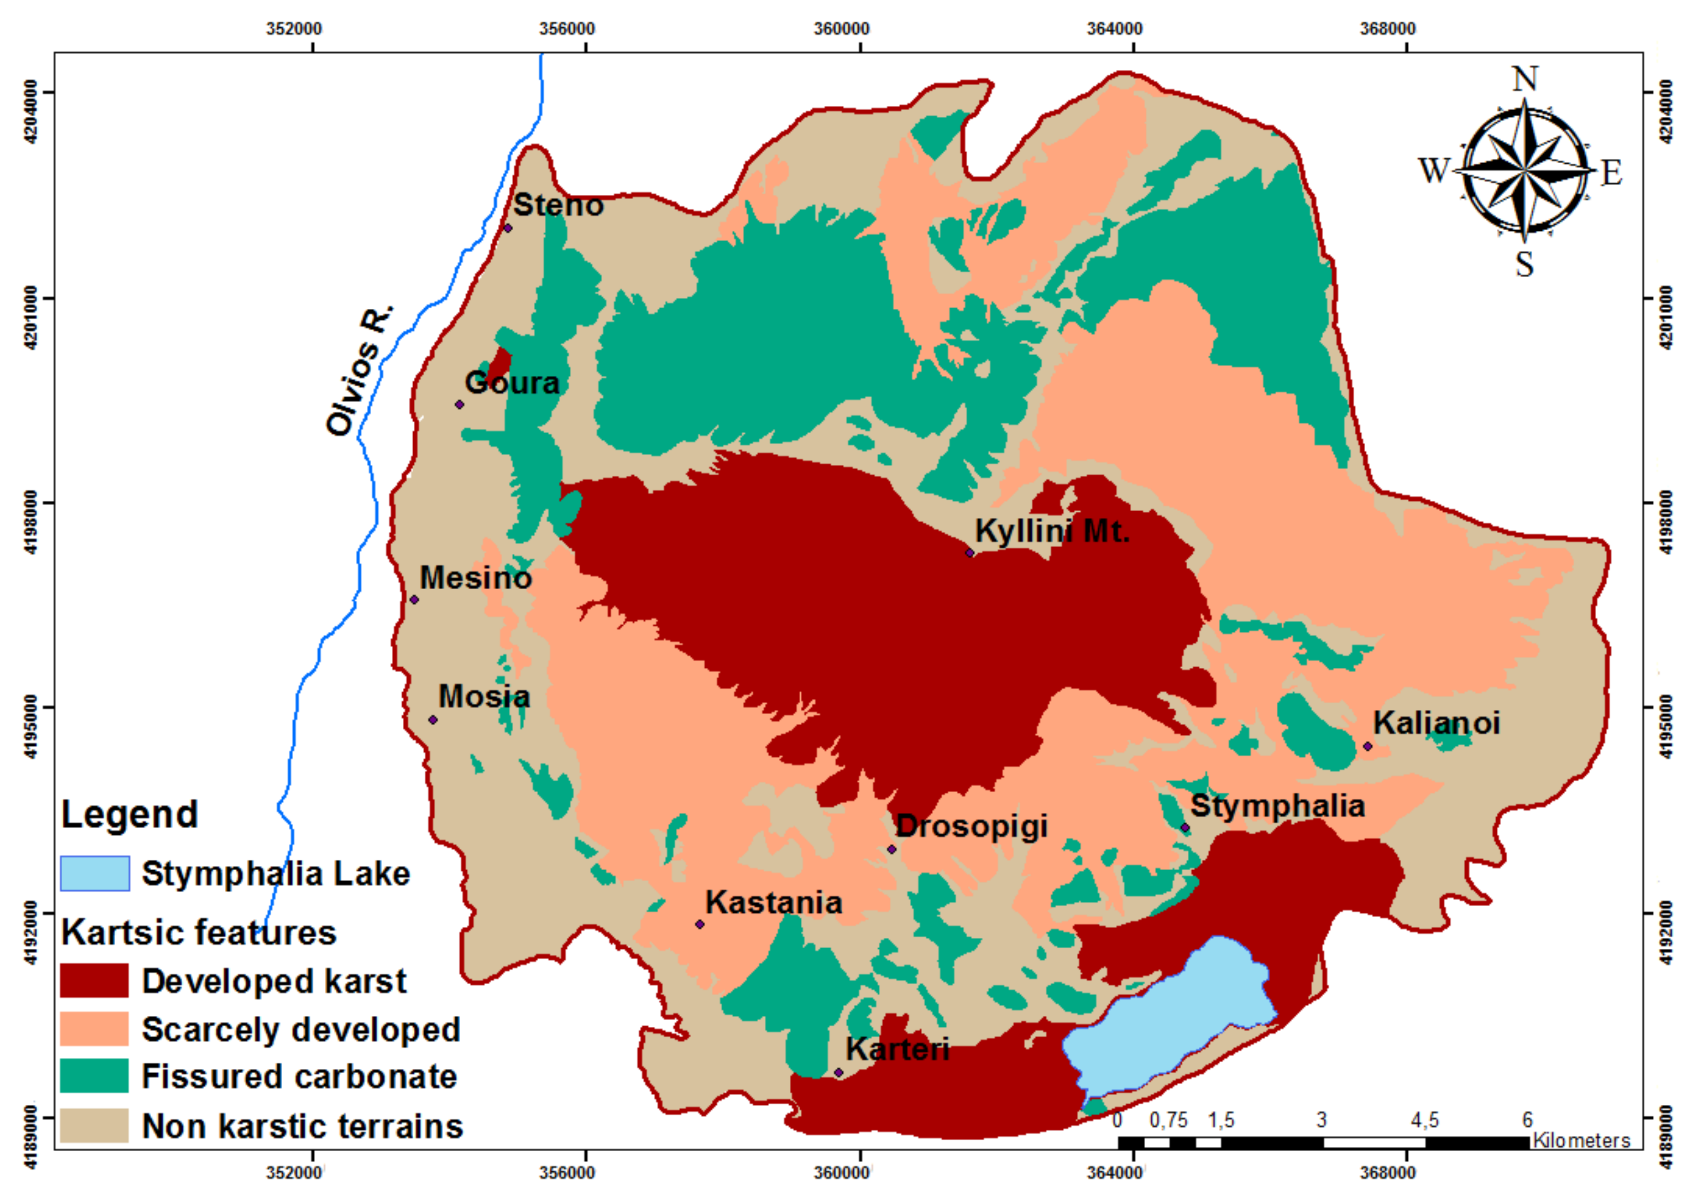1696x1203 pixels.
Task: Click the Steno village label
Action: click(558, 206)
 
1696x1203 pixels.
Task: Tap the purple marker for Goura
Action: click(460, 404)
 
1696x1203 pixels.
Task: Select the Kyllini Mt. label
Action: click(1051, 531)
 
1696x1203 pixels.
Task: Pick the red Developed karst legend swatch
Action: click(94, 981)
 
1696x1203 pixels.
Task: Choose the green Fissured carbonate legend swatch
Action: click(94, 1076)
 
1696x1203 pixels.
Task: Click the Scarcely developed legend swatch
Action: click(94, 1029)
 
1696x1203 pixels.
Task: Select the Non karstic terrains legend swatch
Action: click(94, 1125)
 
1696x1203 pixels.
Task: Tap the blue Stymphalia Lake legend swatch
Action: click(94, 873)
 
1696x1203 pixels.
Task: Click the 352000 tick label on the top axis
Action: click(294, 29)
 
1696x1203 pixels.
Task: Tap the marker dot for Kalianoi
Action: click(1368, 746)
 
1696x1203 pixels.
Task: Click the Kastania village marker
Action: click(699, 924)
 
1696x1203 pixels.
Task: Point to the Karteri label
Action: click(897, 1049)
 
